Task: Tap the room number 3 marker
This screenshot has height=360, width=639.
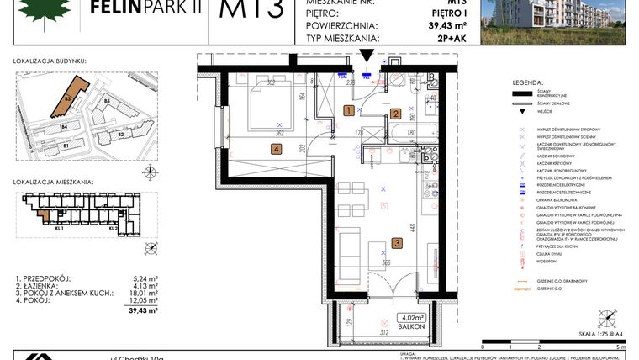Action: pos(397,244)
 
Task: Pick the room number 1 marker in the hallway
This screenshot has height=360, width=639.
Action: pos(349,110)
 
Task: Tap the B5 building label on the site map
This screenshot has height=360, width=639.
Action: pos(106,102)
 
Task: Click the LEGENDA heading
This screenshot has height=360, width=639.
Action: pos(528,82)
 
